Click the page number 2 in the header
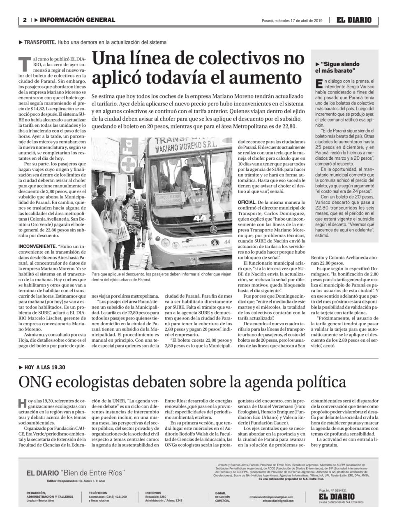(25, 20)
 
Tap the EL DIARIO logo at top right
(354, 20)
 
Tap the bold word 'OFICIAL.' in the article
(247, 203)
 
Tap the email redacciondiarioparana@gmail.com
(271, 497)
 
